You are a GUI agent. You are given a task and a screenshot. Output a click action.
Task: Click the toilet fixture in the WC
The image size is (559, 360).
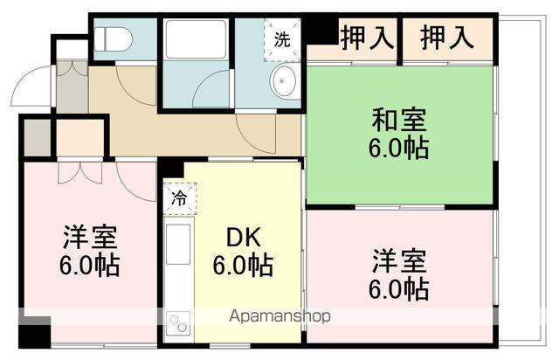113,39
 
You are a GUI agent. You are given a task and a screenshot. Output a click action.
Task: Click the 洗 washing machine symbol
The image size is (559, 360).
283,38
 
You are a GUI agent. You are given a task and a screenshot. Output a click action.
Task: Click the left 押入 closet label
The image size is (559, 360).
355,38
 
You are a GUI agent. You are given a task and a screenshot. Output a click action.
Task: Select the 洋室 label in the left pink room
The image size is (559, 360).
90,236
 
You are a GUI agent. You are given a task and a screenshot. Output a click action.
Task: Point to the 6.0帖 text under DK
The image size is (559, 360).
242,263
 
